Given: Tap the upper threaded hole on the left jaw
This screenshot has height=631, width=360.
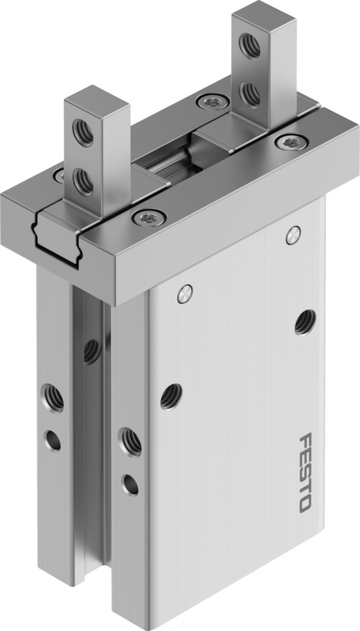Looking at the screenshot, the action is click(83, 132).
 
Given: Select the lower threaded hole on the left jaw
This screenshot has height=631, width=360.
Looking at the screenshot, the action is click(83, 182).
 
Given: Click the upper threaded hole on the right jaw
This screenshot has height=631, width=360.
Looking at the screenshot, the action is click(250, 46).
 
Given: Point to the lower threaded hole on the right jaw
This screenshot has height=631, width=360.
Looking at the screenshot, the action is click(250, 94).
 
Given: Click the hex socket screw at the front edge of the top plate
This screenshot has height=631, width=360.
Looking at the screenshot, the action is click(149, 218).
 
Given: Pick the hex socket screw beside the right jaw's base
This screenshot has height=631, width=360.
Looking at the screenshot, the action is click(292, 142).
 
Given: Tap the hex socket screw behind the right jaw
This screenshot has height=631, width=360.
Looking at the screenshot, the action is click(213, 101).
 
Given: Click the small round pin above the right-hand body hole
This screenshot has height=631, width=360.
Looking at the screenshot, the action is click(293, 235).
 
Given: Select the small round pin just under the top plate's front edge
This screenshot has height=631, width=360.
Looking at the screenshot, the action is click(185, 294).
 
